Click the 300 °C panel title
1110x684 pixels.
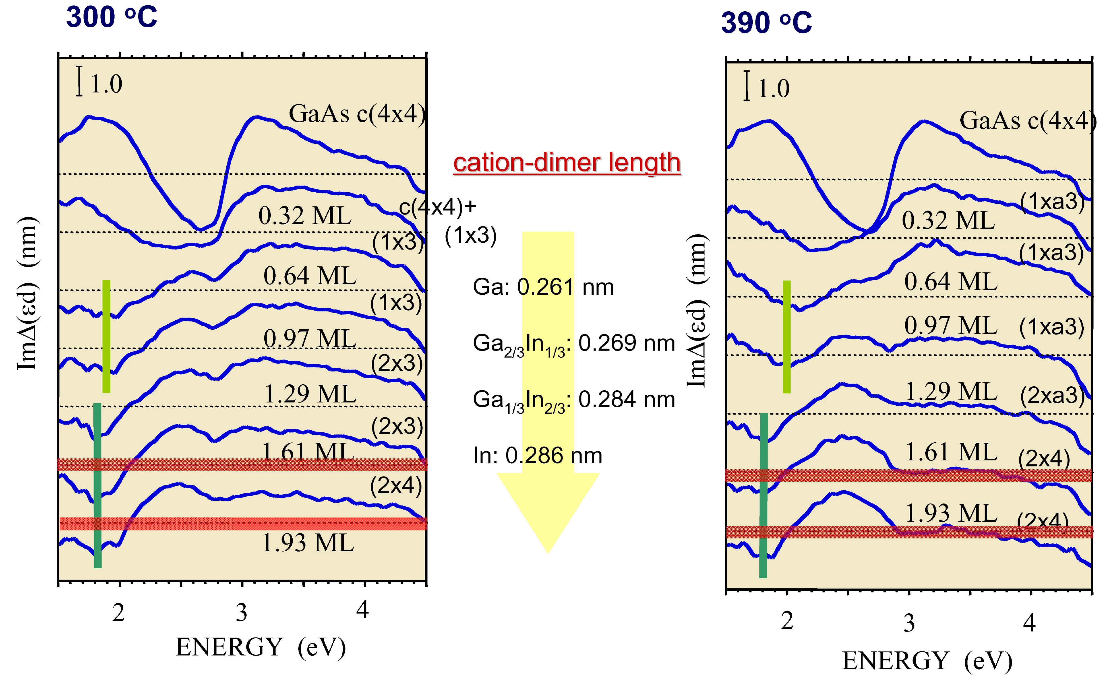(111, 17)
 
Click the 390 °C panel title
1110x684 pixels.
(766, 23)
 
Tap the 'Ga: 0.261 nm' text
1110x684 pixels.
(543, 287)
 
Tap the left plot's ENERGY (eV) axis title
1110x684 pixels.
(260, 647)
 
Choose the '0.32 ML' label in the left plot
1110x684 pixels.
(305, 216)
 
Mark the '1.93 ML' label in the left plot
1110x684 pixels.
(308, 543)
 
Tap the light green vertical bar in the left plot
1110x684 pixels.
(106, 336)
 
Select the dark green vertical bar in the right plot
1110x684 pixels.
(763, 495)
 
